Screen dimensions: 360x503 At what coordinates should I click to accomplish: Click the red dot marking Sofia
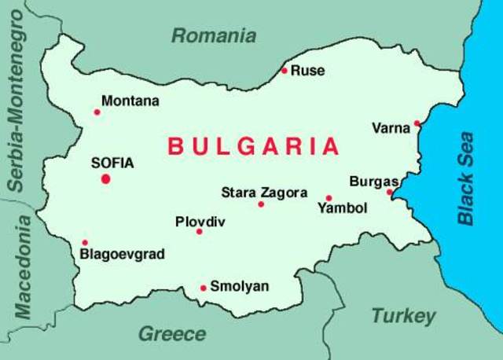point(105,178)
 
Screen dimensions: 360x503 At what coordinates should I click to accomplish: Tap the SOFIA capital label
point(112,163)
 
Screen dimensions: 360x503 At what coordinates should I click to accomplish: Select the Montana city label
point(130,101)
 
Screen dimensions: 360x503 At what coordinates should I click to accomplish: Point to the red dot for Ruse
point(285,71)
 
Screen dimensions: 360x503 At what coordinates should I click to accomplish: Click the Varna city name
point(391,128)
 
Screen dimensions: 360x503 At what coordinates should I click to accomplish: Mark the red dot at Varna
point(417,123)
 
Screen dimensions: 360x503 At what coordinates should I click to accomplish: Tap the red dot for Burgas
point(389,191)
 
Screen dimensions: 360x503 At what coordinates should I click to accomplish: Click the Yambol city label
point(342,208)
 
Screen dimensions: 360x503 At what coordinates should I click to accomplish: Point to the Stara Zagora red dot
point(261,204)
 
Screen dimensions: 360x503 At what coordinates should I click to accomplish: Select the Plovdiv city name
point(200,221)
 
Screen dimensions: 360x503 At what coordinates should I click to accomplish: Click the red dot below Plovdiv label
point(199,231)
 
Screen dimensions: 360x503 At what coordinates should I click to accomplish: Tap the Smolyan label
point(240,287)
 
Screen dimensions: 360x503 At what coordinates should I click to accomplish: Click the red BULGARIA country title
point(254,146)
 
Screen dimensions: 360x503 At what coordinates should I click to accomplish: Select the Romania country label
point(214,35)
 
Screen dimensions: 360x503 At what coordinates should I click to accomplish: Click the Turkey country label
point(403,317)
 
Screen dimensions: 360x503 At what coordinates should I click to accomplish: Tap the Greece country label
point(172,334)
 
